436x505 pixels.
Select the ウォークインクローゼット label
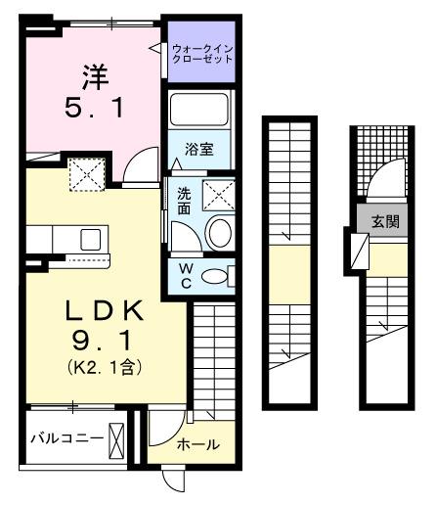point(202,52)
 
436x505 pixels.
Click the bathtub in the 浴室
point(199,112)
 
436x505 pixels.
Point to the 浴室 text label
point(199,149)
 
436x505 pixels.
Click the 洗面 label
point(184,201)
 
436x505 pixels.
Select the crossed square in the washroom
point(220,195)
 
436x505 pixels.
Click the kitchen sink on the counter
point(90,239)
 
